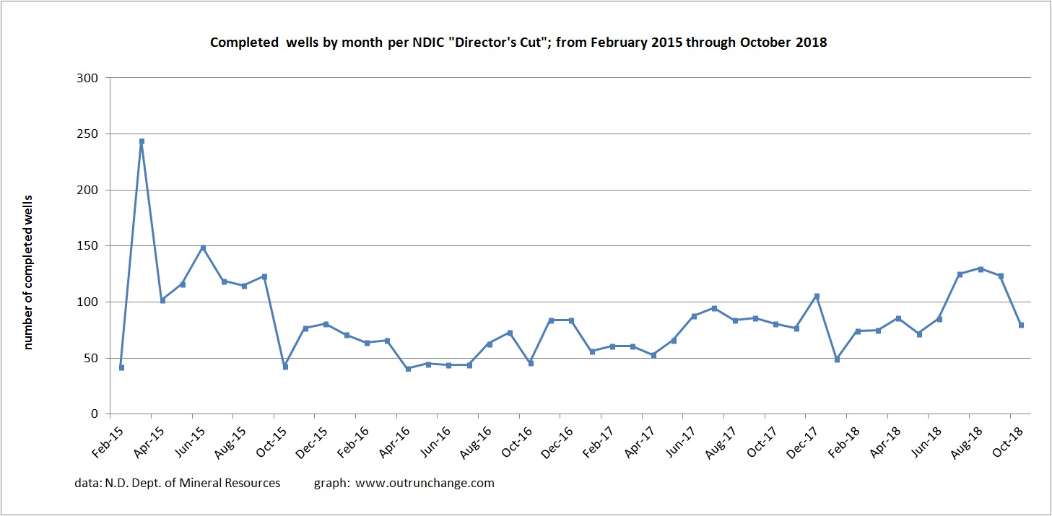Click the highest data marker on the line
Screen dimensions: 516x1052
[142, 141]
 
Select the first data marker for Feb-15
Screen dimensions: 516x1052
[121, 367]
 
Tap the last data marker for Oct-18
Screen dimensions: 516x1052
[1021, 325]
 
